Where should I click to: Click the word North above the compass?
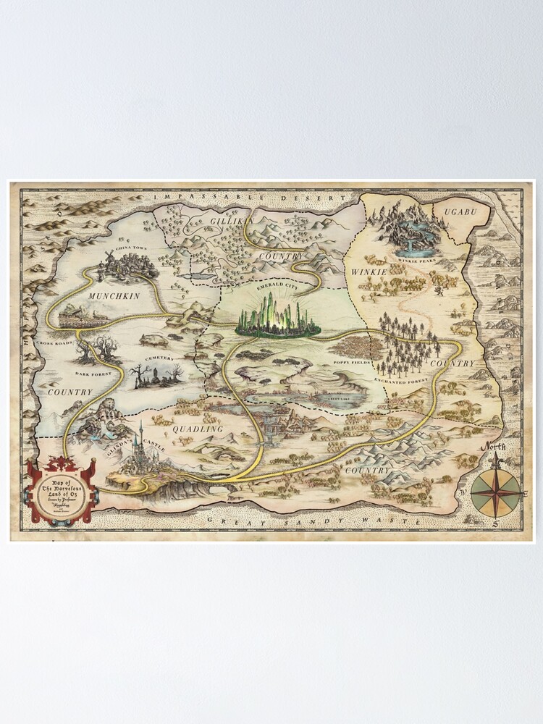tap(496, 447)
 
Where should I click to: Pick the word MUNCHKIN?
tap(111, 297)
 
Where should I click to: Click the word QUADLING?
tap(197, 429)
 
